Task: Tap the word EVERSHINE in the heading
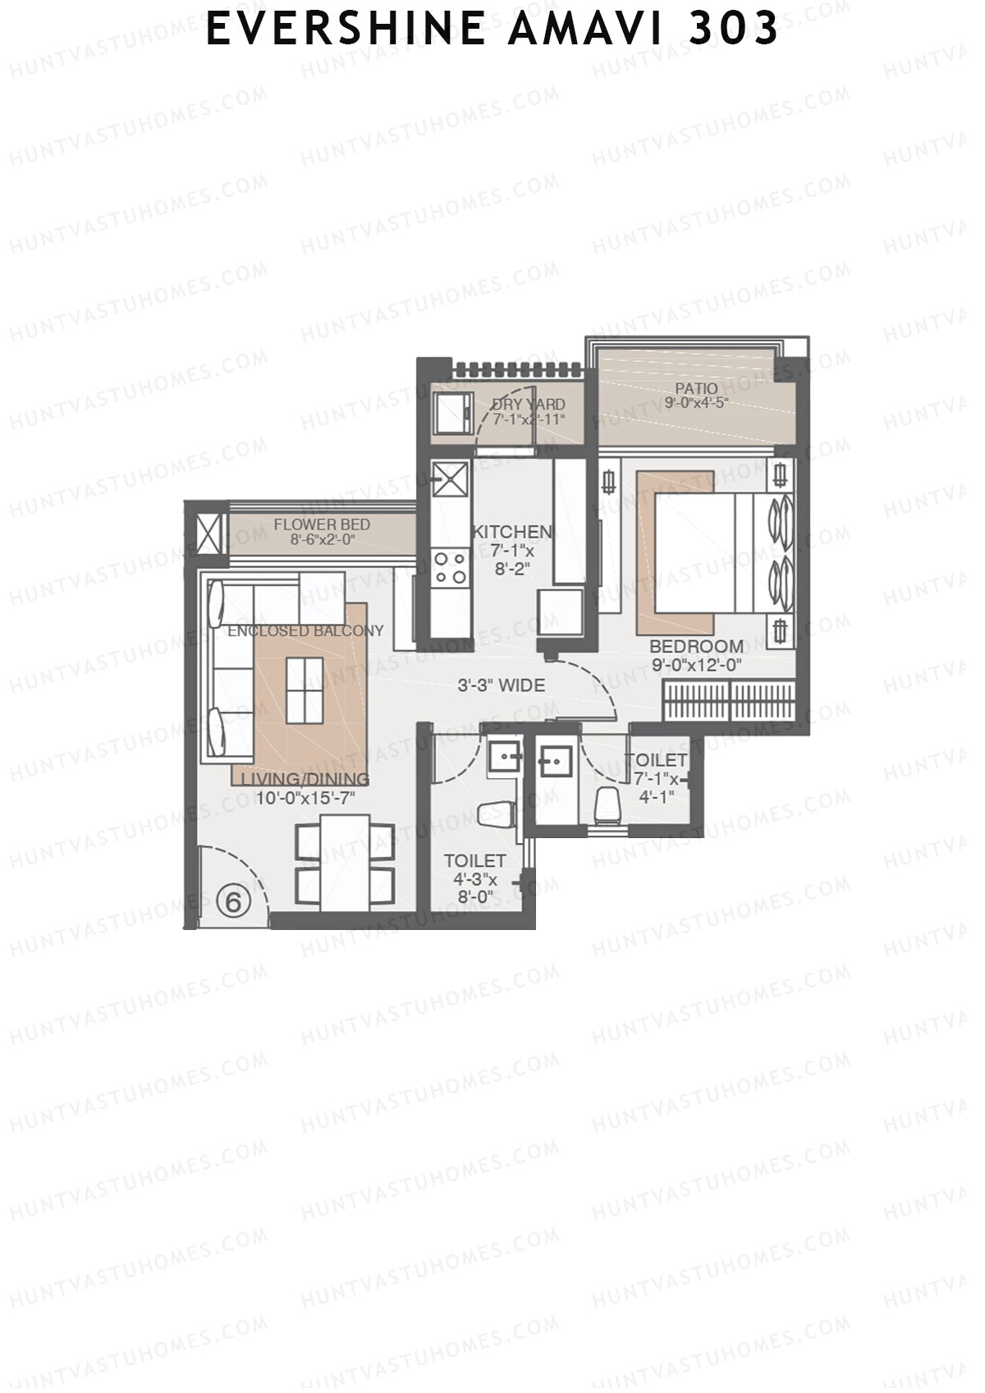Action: coord(345,30)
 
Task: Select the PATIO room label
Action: coord(696,388)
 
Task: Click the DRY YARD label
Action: coord(528,405)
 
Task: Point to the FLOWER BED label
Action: coord(322,525)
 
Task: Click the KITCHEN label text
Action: coord(512,533)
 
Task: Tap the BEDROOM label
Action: coord(696,646)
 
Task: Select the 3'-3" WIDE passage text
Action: coord(501,685)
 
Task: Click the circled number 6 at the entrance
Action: coord(233,902)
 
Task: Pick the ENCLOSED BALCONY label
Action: coord(305,631)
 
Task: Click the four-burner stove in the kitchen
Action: coord(451,567)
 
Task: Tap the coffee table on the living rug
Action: coord(305,690)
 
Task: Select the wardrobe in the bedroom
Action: coord(729,700)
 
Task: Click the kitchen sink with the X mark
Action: coord(451,479)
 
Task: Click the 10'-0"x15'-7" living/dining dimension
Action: coord(305,797)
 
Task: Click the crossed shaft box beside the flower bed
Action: coord(208,533)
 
